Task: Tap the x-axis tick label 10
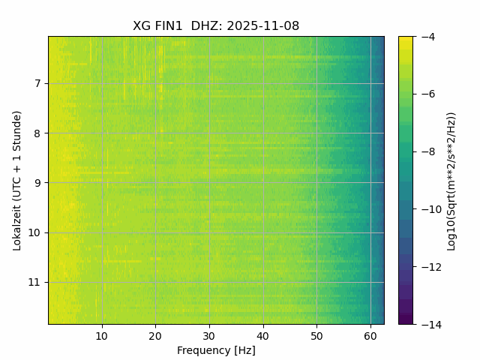point(102,336)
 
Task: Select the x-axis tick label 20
point(155,336)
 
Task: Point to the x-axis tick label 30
point(209,336)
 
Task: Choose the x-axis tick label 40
point(262,336)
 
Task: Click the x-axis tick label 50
point(316,336)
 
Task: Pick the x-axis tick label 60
point(370,336)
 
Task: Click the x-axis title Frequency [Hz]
point(216,350)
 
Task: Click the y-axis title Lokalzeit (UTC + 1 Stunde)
point(17,180)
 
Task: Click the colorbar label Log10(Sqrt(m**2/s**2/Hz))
point(451,180)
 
